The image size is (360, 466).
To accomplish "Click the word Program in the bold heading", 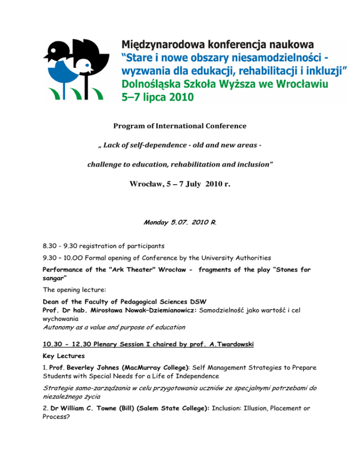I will [x=128, y=126].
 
